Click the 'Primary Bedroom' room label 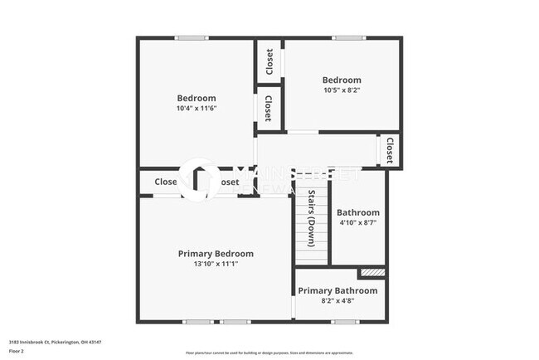pos(216,254)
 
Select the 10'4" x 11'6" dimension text pos(197,109)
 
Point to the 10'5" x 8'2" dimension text pos(342,92)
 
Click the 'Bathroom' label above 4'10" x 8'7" pos(358,212)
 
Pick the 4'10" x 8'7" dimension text pos(358,223)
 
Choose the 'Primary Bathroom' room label pos(337,290)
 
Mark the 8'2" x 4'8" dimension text pos(337,302)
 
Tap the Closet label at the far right pos(389,150)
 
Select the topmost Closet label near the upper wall pos(269,61)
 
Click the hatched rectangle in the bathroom pos(372,272)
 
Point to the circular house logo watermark pos(200,180)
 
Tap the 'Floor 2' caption pos(17,351)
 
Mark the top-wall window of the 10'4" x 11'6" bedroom pos(191,37)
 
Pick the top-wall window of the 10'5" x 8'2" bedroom pos(342,37)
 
